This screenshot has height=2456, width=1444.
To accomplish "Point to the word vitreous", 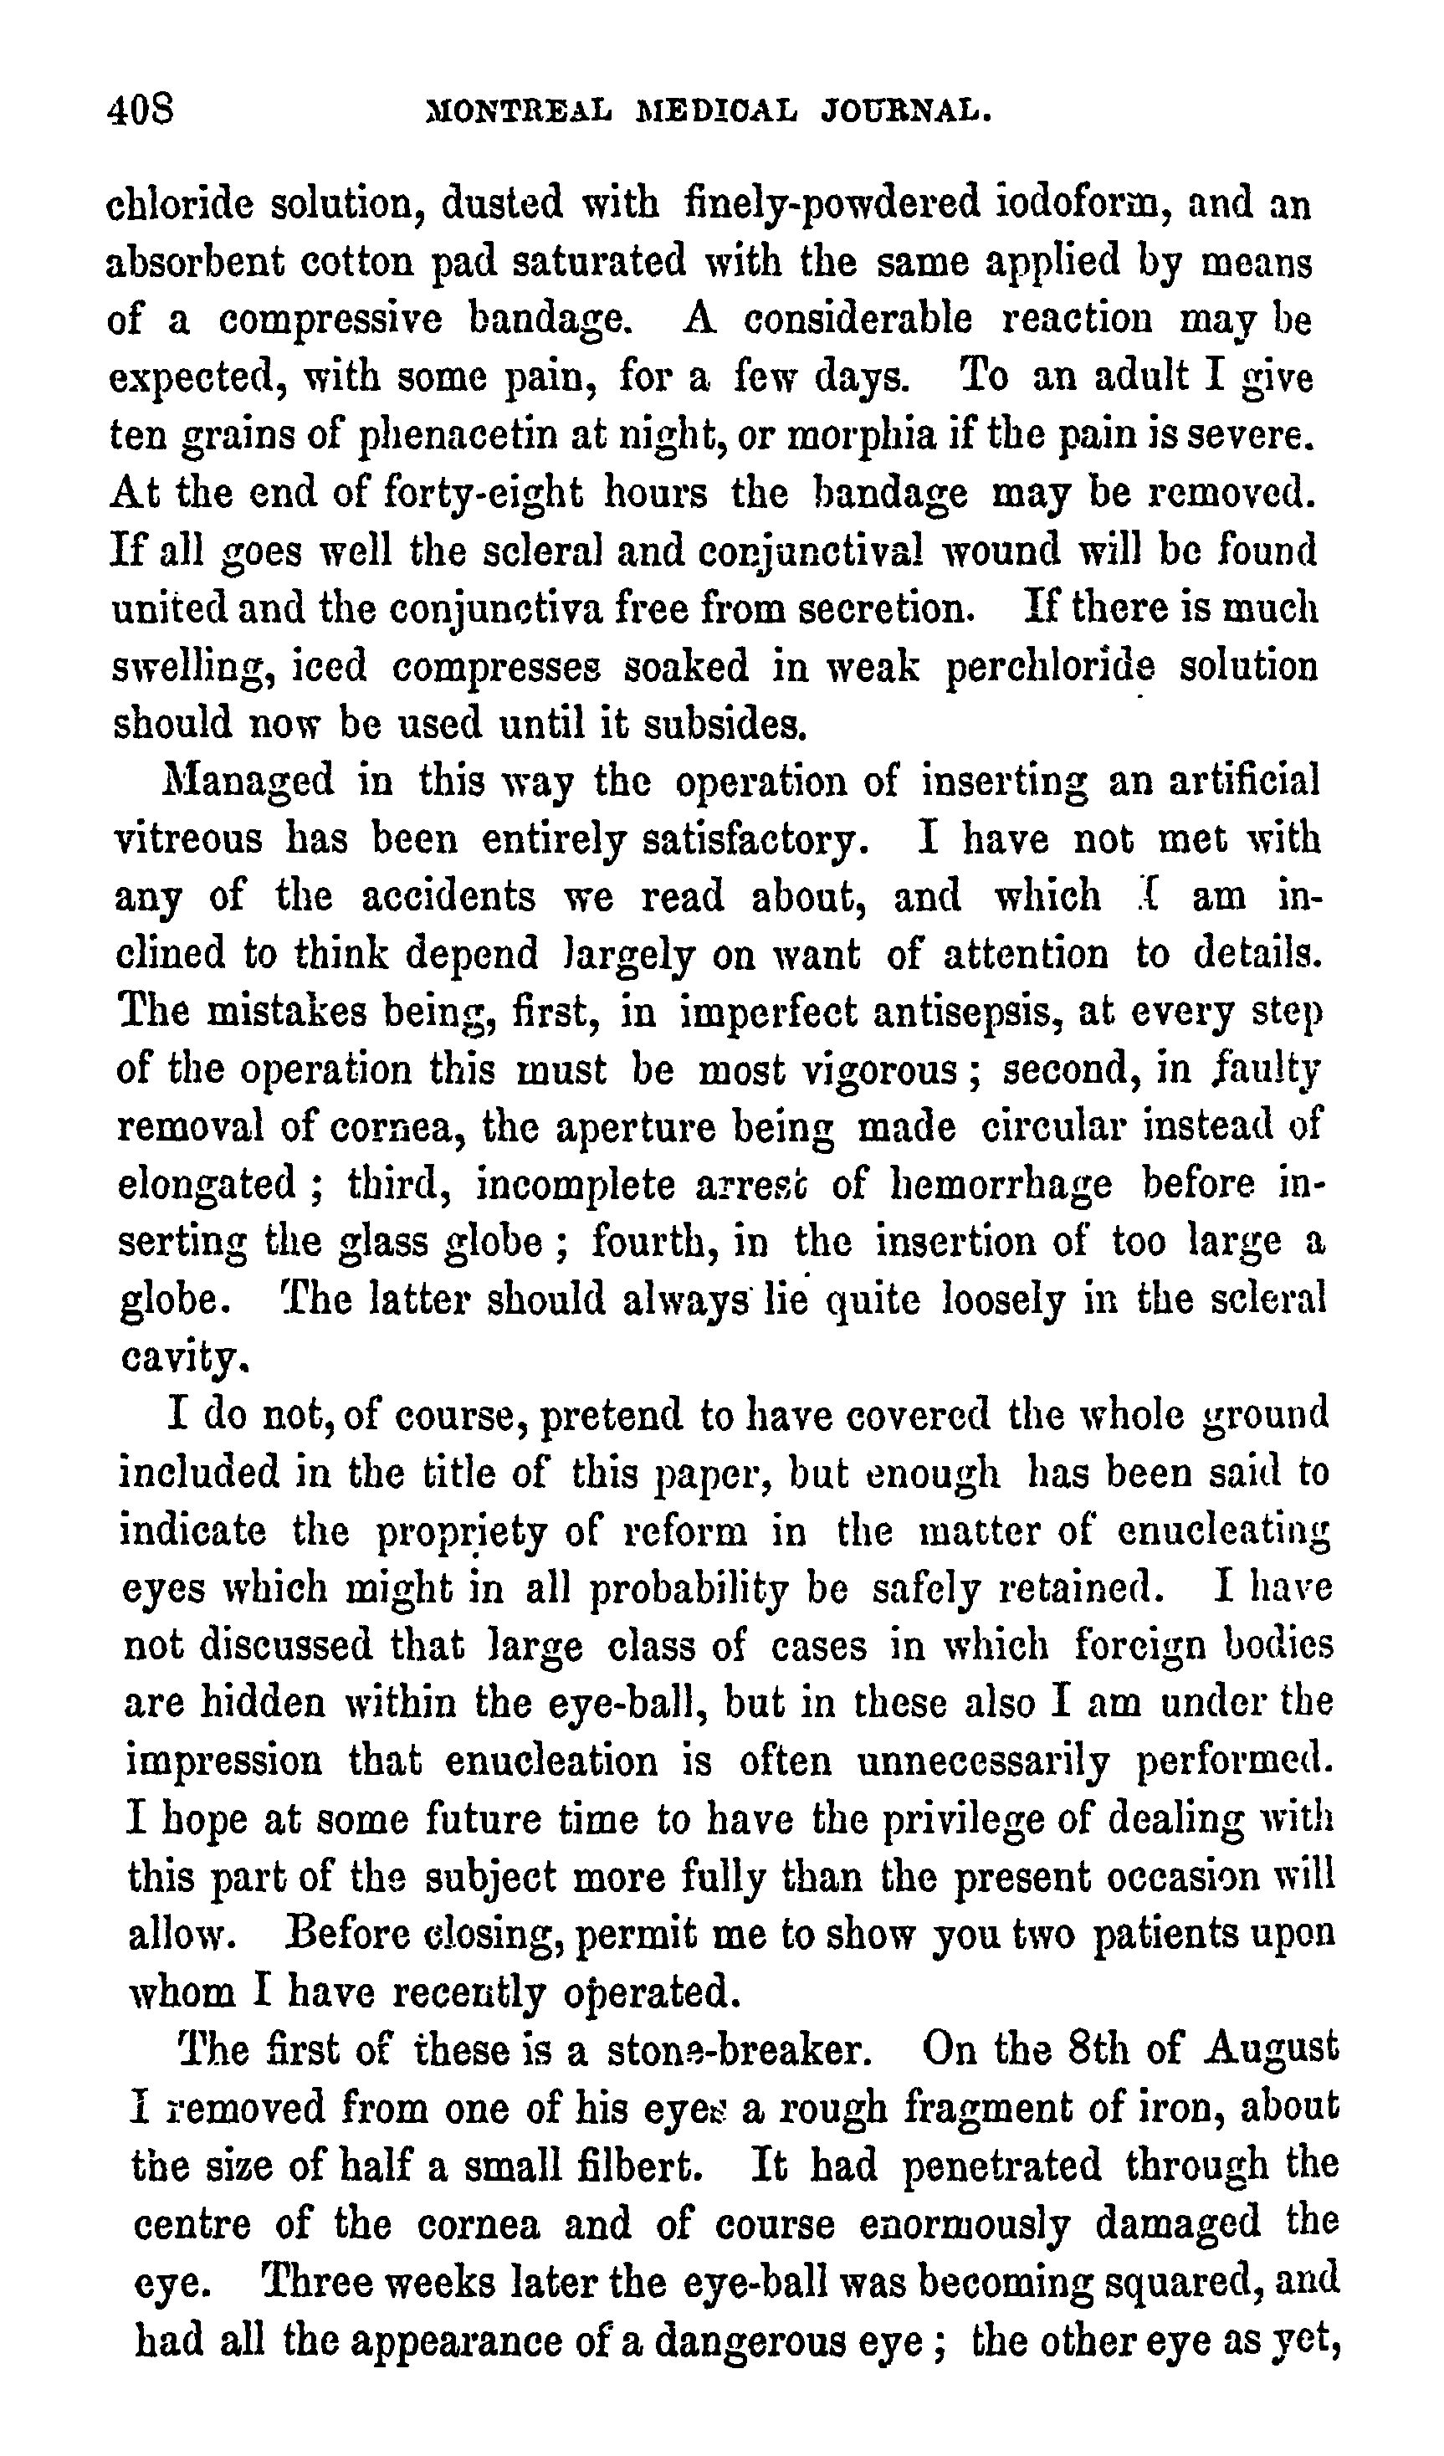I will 188,839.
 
